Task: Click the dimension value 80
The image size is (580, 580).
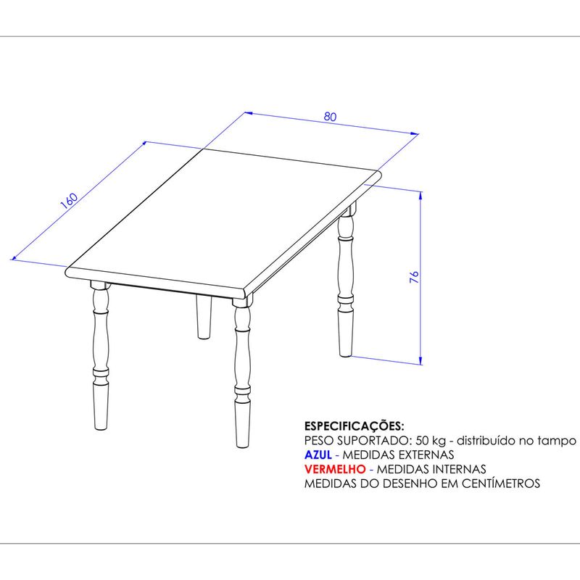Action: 331,117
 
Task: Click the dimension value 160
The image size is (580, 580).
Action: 69,201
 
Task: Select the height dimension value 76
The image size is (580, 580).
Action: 414,277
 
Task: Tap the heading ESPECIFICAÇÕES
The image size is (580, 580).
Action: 354,426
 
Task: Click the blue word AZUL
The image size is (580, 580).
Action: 318,455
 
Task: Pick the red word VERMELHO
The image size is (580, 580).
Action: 335,469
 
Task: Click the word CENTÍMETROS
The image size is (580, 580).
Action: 501,484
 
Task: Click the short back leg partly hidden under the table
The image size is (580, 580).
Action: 204,317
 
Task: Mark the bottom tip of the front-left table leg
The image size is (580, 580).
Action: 101,429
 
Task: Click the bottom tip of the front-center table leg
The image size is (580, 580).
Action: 243,447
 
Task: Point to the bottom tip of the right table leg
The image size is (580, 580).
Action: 345,356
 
